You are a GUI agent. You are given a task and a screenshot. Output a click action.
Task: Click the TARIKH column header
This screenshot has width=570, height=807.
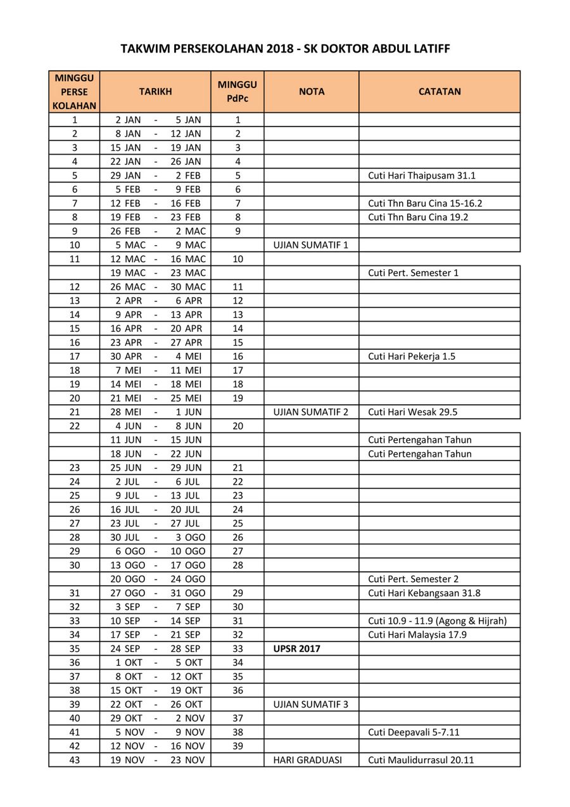point(155,91)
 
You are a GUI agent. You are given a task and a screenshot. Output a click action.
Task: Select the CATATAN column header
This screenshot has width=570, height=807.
point(440,91)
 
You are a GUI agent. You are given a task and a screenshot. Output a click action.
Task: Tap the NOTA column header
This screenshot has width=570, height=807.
point(312,91)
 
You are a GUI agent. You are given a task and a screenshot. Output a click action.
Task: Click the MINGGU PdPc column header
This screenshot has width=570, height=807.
point(237,91)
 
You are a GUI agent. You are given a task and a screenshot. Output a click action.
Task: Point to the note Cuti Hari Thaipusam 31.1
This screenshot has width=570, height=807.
point(417,175)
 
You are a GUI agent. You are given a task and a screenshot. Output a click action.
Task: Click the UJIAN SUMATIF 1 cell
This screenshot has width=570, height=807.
point(311,245)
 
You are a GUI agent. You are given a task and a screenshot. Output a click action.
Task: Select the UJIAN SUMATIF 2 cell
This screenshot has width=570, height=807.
point(311,412)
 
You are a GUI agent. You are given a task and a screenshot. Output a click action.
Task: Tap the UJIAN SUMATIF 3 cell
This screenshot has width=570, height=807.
point(311,704)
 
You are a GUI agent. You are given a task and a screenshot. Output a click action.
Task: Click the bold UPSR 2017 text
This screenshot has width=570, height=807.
point(297,649)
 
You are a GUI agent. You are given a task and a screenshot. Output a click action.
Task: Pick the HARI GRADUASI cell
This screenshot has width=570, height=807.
point(308,760)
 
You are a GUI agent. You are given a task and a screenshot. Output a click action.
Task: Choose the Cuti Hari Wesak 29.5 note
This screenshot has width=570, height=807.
point(412,412)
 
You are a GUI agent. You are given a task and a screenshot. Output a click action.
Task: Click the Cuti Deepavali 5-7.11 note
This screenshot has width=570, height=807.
point(414,732)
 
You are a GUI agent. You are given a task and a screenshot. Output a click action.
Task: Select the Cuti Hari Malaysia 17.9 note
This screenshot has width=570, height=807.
point(417,635)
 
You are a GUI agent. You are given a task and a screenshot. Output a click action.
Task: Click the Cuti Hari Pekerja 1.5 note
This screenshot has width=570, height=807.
point(412,356)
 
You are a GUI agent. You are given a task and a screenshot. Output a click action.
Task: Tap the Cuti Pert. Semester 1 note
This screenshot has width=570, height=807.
point(413,273)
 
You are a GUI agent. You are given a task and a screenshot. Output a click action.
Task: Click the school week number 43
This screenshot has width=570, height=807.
point(75,760)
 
